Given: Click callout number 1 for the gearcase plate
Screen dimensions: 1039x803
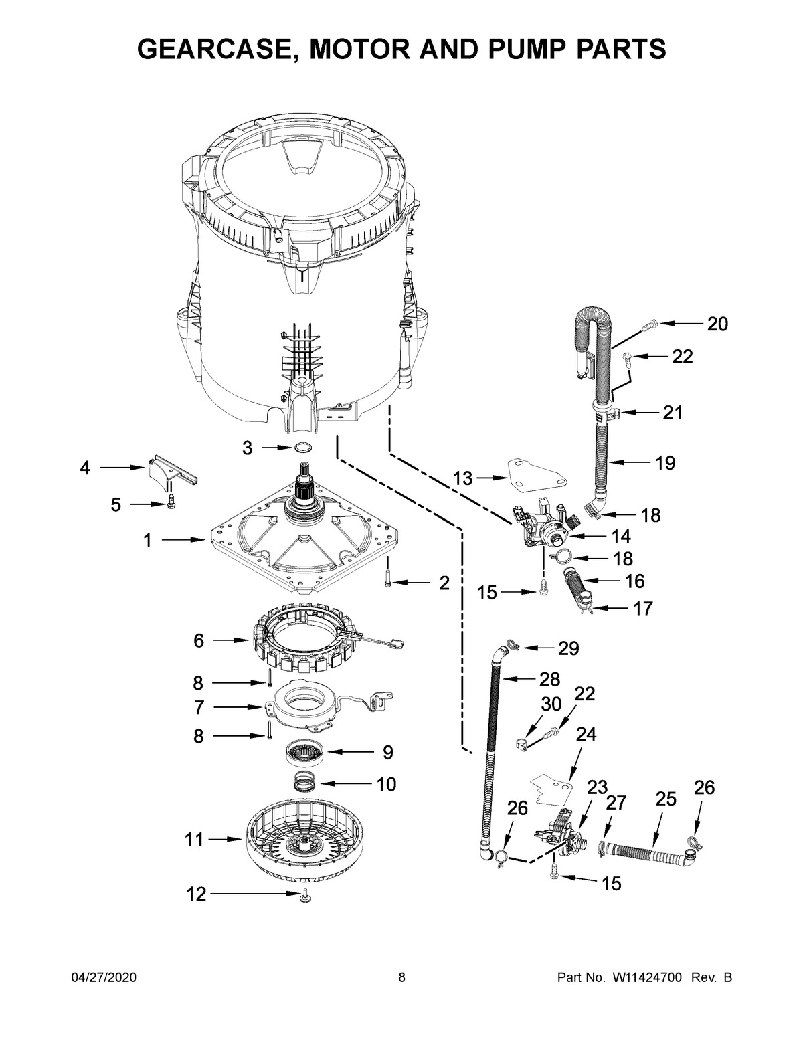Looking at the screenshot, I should click(x=147, y=540).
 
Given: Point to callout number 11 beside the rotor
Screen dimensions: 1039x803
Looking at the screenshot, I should click(x=194, y=839).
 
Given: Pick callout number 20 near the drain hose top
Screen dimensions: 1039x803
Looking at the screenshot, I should click(x=717, y=324).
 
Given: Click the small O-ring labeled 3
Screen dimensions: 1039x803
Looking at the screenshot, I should click(x=302, y=448).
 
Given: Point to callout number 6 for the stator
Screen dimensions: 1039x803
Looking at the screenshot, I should click(x=199, y=641).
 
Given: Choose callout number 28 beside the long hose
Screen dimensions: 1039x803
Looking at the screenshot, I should click(x=549, y=680).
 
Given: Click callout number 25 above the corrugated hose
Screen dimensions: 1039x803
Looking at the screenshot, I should click(x=666, y=799).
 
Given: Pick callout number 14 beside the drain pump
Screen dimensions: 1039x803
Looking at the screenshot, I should click(x=620, y=536).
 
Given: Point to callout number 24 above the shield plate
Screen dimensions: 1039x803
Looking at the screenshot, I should click(x=586, y=735).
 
